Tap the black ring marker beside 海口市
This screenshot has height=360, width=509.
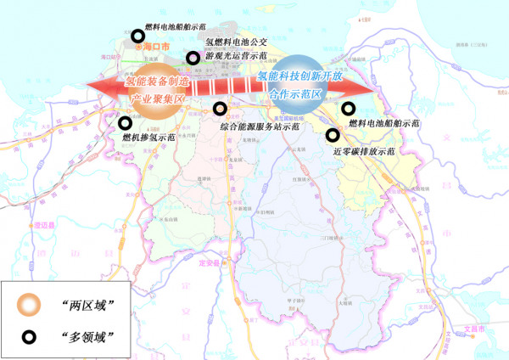pyautogui.click(x=137, y=36)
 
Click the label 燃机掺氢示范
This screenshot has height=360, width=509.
pyautogui.click(x=148, y=137)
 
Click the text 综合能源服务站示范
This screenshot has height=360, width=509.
pyautogui.click(x=260, y=127)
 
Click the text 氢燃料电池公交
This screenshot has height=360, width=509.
pyautogui.click(x=237, y=41)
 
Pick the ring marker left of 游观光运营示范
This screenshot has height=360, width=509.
pyautogui.click(x=193, y=56)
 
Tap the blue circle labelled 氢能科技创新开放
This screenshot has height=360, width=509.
pyautogui.click(x=297, y=86)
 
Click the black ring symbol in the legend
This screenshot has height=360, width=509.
pyautogui.click(x=29, y=337)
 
